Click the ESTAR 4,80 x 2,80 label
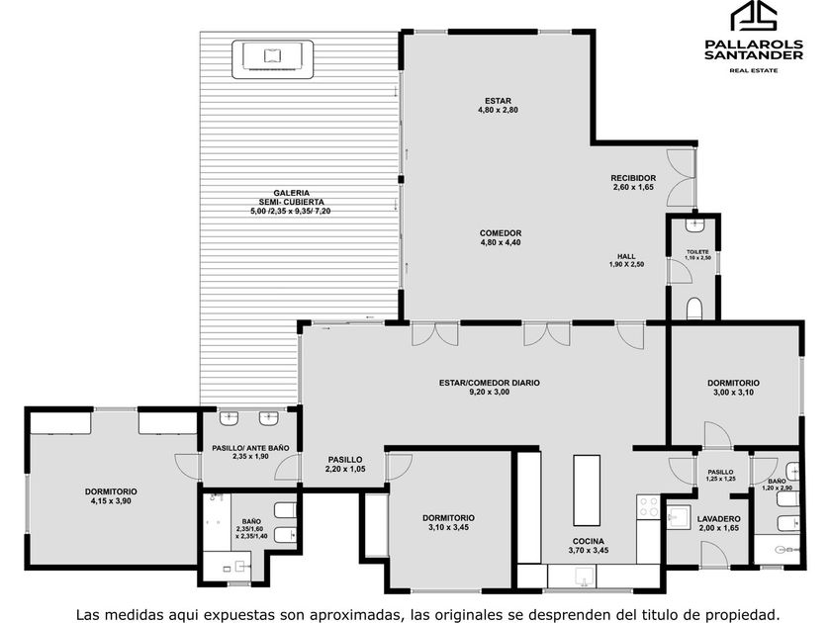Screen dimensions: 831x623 (x=498, y=106)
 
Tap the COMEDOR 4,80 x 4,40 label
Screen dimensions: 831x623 (x=501, y=238)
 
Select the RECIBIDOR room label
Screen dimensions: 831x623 (x=633, y=182)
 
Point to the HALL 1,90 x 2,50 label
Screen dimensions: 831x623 (x=626, y=260)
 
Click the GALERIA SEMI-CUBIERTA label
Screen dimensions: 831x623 (x=292, y=202)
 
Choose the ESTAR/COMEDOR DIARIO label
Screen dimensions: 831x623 (x=489, y=388)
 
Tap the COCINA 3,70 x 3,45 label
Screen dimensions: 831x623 (x=589, y=546)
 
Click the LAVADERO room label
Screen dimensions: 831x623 (x=718, y=523)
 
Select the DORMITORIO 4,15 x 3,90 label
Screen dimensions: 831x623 (x=111, y=496)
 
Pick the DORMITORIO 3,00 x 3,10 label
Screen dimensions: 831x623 (x=733, y=388)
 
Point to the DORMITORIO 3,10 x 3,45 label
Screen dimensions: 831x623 (x=448, y=522)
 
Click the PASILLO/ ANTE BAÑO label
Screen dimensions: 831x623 (x=250, y=452)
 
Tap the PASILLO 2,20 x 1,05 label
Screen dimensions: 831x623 (x=345, y=464)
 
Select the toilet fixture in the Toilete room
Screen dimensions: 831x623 (x=694, y=309)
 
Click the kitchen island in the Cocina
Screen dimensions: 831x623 (x=587, y=489)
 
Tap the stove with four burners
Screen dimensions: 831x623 (x=648, y=506)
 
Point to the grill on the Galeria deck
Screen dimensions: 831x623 (x=272, y=59)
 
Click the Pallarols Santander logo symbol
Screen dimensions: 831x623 (x=754, y=17)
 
